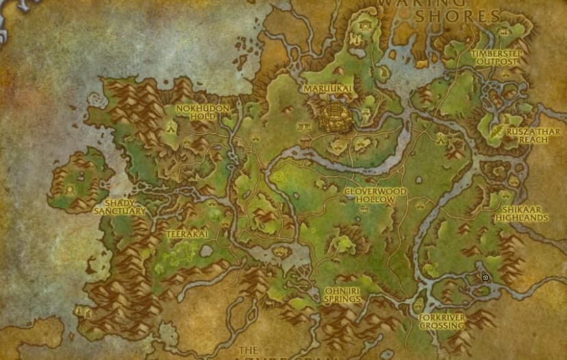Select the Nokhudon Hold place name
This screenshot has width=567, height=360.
pos(203,112)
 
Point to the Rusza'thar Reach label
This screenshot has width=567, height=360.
pos(527,135)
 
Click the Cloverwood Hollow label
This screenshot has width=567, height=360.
pos(375,195)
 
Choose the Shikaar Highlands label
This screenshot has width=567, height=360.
pos(525,213)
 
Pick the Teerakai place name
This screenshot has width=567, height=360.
pos(187,234)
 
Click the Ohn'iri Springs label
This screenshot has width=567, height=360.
pos(342,295)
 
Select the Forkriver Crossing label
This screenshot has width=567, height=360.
pos(442,322)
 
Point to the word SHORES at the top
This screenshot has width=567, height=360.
pos(468,15)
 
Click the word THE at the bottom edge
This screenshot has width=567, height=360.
pos(248,350)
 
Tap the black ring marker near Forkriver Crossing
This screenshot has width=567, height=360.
pos(486,278)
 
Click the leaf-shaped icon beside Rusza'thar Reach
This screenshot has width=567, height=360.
pos(495,129)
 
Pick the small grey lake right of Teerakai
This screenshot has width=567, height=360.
pos(206,251)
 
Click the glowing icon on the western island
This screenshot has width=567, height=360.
pos(70,187)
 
